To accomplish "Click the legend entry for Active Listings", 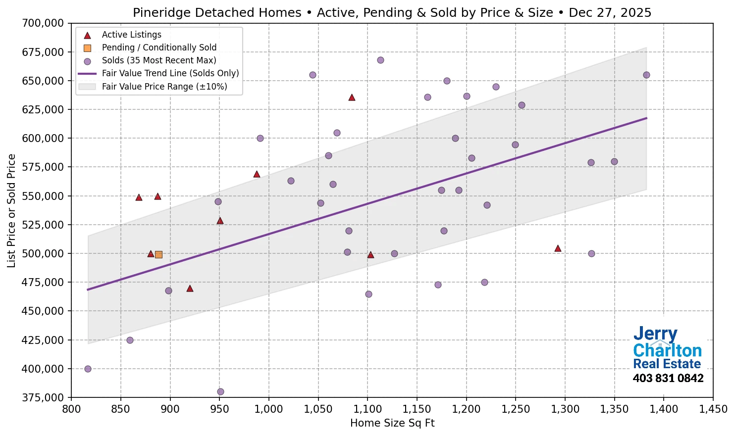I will (131, 35).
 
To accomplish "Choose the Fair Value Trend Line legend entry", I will (170, 73).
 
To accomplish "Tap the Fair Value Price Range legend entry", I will (164, 87).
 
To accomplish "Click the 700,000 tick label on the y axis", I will (43, 23).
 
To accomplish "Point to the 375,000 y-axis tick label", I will (43, 397).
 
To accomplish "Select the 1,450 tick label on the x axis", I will (713, 409).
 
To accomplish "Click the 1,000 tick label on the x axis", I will (268, 409).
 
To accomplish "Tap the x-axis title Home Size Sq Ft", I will (392, 423).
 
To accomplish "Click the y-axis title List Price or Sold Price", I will (11, 210).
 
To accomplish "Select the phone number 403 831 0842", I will (668, 379).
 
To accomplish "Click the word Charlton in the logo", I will (667, 350).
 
